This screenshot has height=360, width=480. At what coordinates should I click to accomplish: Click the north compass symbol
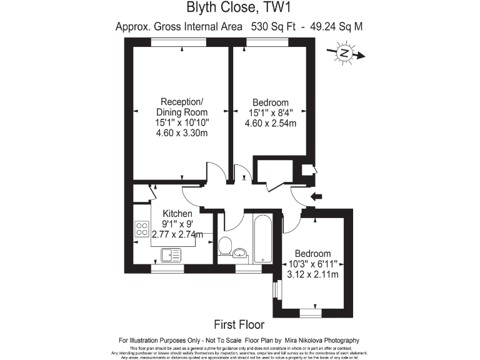(x=344, y=54)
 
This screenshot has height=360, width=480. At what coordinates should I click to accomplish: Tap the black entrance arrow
(x=316, y=197)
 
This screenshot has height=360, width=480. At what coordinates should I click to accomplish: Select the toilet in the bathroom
(x=226, y=244)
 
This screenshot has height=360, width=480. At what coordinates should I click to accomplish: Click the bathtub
(x=262, y=238)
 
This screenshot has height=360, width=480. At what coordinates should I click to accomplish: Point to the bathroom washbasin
(x=240, y=253)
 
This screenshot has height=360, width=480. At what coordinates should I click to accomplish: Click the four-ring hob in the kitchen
(x=141, y=229)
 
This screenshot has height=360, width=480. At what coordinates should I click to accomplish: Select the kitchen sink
(x=170, y=254)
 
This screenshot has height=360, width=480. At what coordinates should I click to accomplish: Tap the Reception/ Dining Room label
(x=182, y=107)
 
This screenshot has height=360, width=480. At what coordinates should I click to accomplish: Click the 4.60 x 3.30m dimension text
(x=182, y=133)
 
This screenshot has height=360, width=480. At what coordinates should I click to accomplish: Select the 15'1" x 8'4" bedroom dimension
(x=270, y=113)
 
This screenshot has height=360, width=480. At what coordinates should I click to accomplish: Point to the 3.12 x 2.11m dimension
(x=312, y=274)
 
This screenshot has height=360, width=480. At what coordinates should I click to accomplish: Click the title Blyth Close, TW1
(x=239, y=8)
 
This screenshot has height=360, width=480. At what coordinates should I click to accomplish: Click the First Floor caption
(x=239, y=324)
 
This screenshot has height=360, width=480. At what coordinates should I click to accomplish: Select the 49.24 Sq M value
(x=334, y=26)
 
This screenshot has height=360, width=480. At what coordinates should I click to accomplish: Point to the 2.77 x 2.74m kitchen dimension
(x=178, y=234)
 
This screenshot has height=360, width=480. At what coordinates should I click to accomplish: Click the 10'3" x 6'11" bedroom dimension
(x=312, y=264)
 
